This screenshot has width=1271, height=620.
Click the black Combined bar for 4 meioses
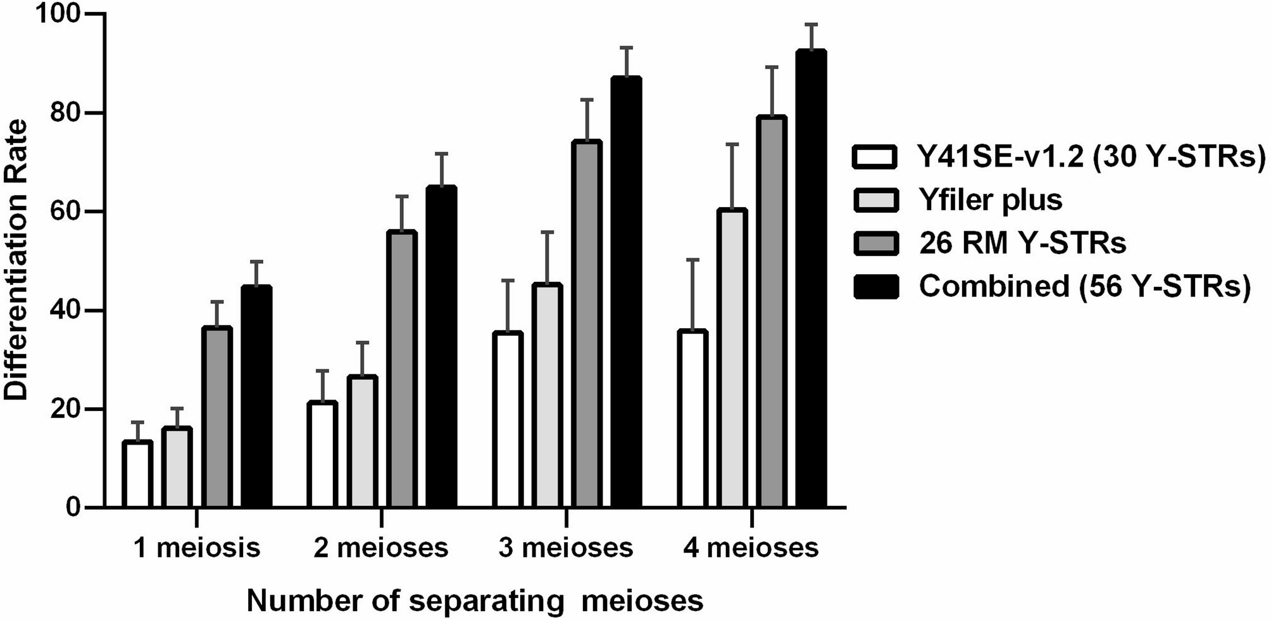click(x=811, y=279)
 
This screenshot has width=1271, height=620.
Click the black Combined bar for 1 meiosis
click(x=256, y=396)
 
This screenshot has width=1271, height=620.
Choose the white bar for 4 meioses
click(x=692, y=419)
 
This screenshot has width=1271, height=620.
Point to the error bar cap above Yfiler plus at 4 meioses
click(x=732, y=144)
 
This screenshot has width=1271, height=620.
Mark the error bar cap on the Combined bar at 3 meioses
click(x=627, y=47)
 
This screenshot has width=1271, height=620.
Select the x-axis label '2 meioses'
click(x=380, y=548)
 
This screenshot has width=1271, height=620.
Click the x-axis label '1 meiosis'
click(x=196, y=548)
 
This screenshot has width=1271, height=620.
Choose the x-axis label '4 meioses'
click(x=751, y=548)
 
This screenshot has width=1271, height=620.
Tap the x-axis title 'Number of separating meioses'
click(x=475, y=600)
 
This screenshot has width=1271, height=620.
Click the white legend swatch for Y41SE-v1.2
click(x=875, y=157)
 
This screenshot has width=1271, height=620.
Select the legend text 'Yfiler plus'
click(x=991, y=200)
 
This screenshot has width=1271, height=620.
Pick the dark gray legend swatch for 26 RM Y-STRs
click(x=875, y=244)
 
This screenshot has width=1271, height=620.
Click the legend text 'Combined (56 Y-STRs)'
click(x=1085, y=287)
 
